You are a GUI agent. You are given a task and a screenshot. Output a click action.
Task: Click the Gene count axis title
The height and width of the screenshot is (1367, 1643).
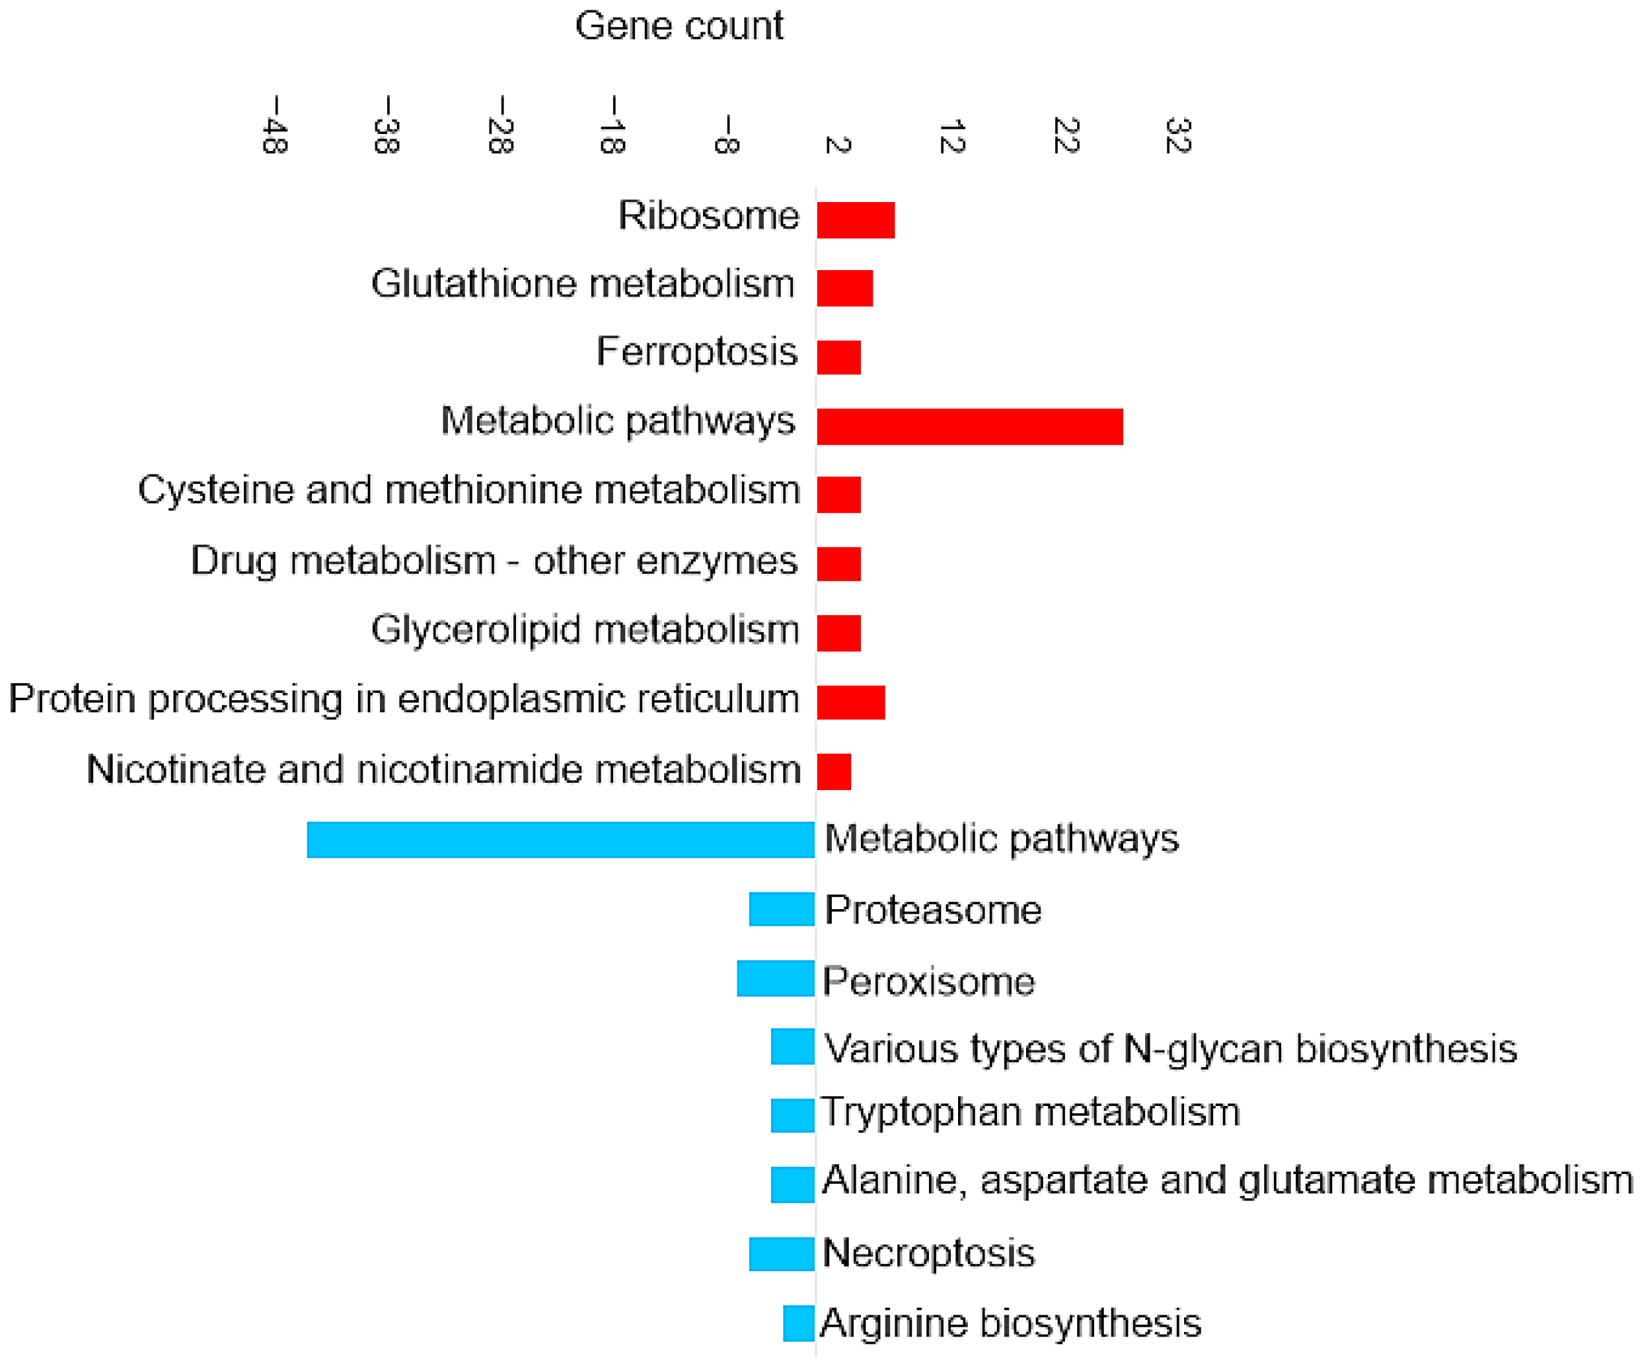pos(678,27)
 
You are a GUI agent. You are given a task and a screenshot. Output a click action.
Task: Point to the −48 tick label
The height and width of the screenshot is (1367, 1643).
pos(274,125)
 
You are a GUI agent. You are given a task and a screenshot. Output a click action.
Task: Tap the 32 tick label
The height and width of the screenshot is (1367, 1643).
pos(1178,135)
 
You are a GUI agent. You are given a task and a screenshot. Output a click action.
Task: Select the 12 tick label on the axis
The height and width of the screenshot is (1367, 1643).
pos(952,136)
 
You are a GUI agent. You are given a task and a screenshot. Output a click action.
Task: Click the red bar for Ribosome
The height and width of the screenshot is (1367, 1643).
pos(855,220)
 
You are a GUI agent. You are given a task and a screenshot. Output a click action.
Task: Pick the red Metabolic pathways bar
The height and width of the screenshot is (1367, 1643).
pos(969,427)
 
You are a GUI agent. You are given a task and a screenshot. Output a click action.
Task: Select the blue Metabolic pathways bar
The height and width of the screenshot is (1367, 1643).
pos(560,840)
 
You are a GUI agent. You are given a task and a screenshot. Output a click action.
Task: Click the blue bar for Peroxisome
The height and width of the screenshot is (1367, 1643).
pos(776,978)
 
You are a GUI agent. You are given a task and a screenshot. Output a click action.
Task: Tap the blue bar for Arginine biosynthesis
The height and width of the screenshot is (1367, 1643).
pos(798,1323)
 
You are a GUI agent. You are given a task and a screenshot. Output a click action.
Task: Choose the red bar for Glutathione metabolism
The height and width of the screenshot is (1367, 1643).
pos(844,288)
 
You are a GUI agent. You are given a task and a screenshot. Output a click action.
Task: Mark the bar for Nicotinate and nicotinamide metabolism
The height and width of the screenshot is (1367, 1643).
pos(833,771)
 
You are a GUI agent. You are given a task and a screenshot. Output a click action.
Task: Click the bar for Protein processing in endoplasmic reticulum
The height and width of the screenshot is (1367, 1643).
pos(851,702)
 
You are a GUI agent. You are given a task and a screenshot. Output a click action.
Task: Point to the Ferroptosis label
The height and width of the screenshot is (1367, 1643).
pos(697,352)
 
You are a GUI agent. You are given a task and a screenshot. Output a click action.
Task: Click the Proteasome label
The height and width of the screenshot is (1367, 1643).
pos(933,910)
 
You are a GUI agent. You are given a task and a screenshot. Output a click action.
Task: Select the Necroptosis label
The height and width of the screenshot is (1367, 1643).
pos(928,1253)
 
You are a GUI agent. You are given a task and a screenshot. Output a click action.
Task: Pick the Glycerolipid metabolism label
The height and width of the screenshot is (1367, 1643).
pos(585,630)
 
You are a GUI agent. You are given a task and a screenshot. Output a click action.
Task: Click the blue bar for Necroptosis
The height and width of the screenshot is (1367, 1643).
pos(781,1254)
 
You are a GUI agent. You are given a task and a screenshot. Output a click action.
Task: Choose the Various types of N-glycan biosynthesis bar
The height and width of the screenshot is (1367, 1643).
pos(792,1046)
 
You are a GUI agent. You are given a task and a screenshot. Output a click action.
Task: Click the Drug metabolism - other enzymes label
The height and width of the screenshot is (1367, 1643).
pos(494,561)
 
